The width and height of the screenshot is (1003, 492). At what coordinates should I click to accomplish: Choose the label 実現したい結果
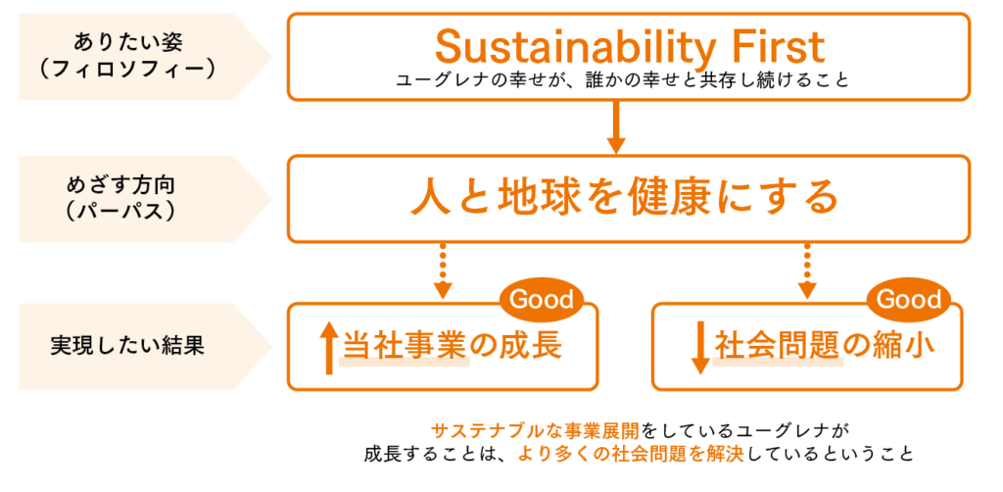[127, 346]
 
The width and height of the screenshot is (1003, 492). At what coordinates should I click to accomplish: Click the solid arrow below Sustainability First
[615, 127]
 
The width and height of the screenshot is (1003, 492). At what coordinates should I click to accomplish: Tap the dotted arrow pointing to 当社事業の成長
[443, 271]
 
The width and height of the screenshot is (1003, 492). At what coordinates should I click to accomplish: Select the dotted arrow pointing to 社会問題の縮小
[807, 271]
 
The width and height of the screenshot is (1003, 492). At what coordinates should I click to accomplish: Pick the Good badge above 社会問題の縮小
[908, 299]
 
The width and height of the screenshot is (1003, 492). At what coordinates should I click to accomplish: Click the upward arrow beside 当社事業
[328, 348]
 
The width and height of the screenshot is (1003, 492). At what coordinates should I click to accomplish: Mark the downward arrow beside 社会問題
[699, 348]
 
